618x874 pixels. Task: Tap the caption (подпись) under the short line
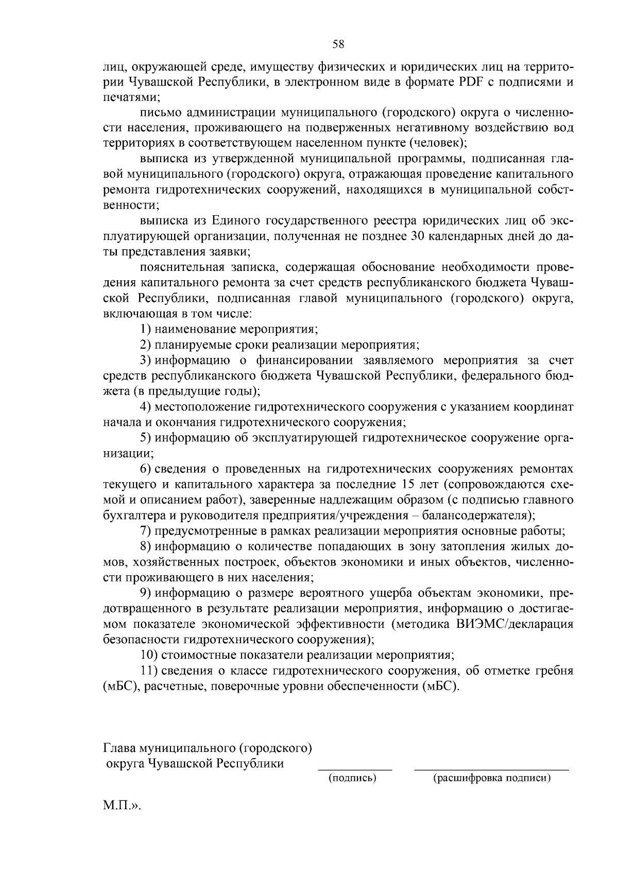[x=353, y=778]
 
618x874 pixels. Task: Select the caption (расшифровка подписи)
[x=492, y=778]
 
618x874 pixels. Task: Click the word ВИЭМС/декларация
[x=514, y=624]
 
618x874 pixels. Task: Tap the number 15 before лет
[x=404, y=484]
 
